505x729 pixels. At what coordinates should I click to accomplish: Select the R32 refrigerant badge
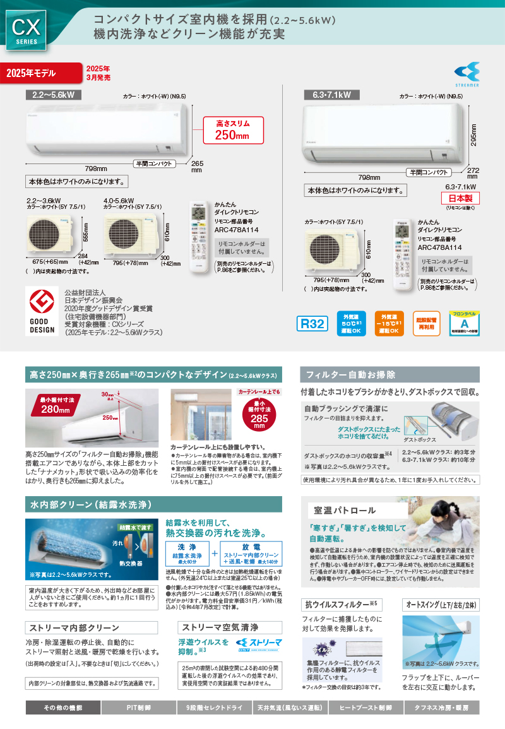click(x=312, y=324)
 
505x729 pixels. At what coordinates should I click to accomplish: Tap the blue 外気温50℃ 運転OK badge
click(x=351, y=323)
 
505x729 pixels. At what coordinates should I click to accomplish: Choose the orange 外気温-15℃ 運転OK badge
click(x=389, y=323)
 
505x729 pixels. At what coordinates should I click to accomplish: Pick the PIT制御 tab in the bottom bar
click(x=138, y=708)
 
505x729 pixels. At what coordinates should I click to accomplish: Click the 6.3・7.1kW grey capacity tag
click(x=331, y=95)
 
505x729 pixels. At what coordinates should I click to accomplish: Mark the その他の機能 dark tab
click(x=62, y=708)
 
